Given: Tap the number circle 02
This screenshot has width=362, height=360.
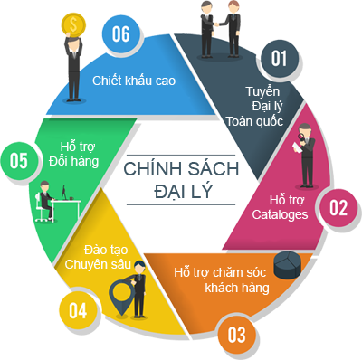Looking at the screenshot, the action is [x=337, y=207].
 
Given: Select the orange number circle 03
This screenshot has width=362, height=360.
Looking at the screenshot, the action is [x=237, y=335].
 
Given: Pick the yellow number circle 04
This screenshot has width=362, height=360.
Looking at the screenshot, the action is [x=78, y=311].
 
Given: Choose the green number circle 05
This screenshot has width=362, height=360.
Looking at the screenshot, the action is [x=17, y=161].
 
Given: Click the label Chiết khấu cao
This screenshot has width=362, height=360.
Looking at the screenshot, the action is [x=133, y=81].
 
